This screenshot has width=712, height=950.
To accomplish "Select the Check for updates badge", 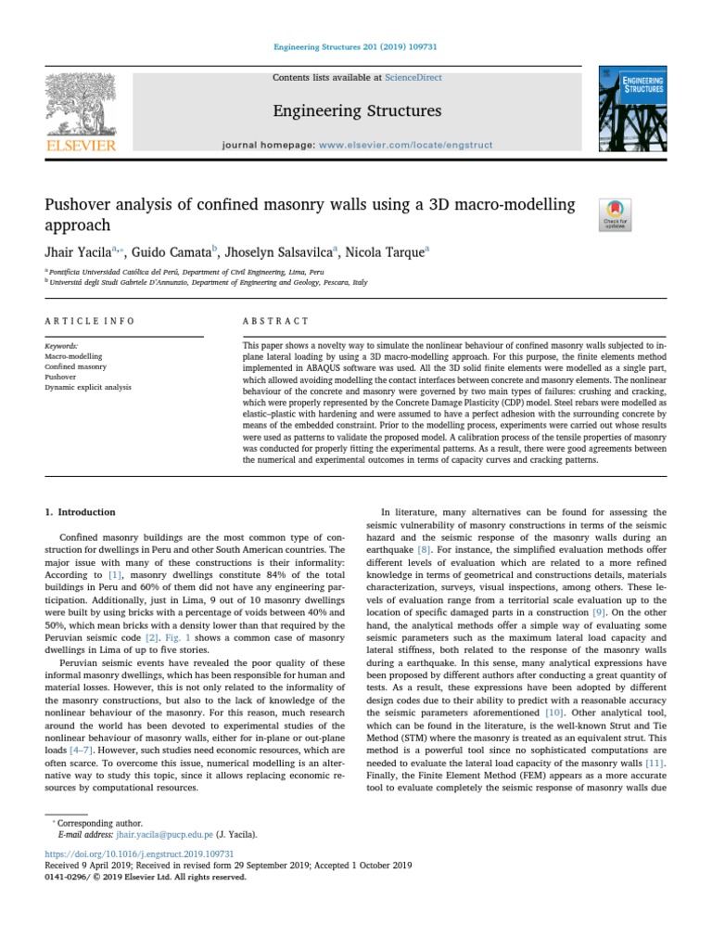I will (617, 213).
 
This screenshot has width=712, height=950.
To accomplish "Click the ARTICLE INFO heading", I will (90, 321).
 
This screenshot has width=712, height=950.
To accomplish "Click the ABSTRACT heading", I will (275, 321).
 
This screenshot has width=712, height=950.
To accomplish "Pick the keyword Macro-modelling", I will (73, 355).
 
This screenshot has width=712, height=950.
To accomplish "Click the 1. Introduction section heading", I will (81, 512).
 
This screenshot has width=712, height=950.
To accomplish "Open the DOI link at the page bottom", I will (139, 853).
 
